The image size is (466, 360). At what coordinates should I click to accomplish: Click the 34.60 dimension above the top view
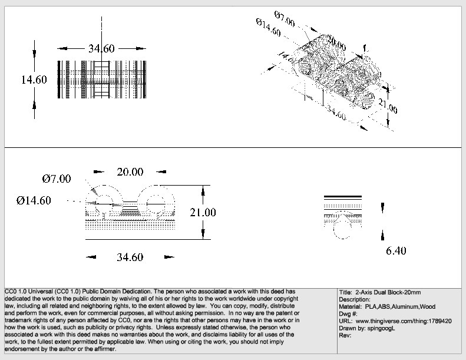(x=101, y=49)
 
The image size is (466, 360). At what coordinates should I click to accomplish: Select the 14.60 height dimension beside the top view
(x=34, y=80)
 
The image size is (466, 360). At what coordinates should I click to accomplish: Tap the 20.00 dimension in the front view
(x=130, y=172)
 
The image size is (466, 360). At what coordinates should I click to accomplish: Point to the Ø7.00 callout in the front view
(x=57, y=179)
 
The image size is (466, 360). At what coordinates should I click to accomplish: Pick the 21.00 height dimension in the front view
(x=203, y=213)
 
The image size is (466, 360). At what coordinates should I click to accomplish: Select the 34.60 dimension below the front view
(x=130, y=257)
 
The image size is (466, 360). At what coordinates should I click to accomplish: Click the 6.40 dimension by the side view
(x=396, y=251)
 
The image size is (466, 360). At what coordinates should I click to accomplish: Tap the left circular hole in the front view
(x=103, y=203)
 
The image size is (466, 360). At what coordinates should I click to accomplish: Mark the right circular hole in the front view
(x=157, y=203)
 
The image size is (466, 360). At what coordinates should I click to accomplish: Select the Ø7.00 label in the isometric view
(x=285, y=18)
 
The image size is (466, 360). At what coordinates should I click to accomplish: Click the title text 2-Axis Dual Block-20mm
(x=388, y=292)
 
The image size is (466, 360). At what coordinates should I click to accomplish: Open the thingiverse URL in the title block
(x=404, y=322)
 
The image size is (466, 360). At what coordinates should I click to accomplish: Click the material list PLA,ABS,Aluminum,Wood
(x=399, y=307)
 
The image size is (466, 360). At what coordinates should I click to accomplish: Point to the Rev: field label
(x=346, y=336)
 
